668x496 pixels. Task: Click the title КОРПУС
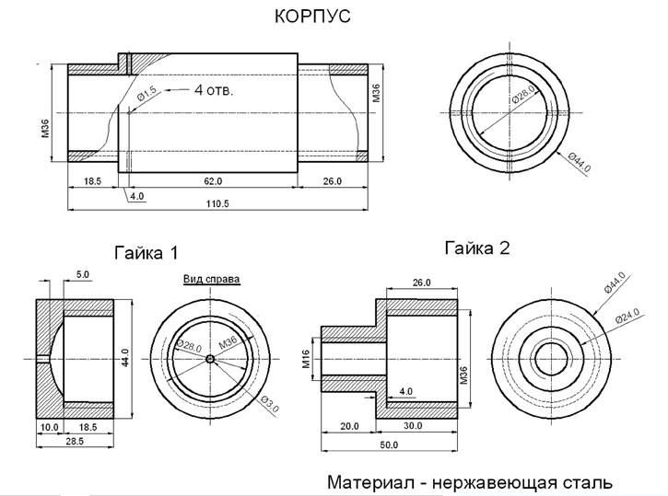[x=313, y=17]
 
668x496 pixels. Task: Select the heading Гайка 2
[x=477, y=248]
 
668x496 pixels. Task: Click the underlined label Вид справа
[x=211, y=279]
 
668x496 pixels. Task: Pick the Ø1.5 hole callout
[x=148, y=94]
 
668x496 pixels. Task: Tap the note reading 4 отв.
[x=214, y=90]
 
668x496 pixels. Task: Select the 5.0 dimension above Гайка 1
[x=82, y=274]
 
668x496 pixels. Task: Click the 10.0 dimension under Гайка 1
[x=49, y=428]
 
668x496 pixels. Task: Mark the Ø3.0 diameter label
[x=270, y=401]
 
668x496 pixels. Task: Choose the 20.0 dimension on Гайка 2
[x=348, y=426]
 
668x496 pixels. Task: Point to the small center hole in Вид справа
[x=210, y=358]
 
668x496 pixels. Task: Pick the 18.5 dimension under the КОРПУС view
[x=91, y=182]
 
